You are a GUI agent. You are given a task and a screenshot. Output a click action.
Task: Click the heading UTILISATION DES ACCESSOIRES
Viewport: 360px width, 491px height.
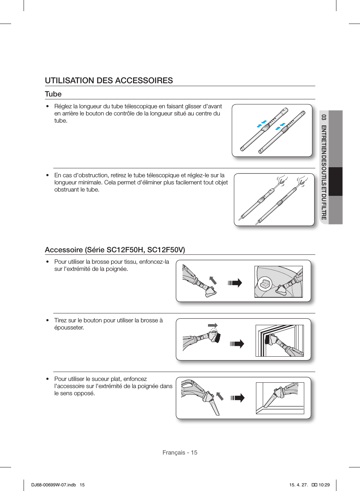(109, 80)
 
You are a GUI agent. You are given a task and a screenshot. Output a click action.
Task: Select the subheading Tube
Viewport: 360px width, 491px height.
(53, 94)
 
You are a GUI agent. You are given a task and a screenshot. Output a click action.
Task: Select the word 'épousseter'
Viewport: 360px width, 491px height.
(69, 327)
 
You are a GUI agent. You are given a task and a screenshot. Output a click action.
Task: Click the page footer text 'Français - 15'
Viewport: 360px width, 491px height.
(180, 452)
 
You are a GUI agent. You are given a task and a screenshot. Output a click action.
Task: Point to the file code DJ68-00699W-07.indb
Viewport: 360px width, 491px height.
(54, 485)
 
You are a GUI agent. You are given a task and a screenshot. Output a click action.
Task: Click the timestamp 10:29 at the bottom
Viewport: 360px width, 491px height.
(324, 485)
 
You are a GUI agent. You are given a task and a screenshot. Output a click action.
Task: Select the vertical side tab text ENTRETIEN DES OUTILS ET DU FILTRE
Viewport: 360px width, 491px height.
(324, 172)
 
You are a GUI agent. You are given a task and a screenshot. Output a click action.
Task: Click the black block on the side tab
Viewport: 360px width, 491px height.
(335, 182)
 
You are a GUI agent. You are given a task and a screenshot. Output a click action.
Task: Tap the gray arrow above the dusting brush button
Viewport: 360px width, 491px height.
(213, 325)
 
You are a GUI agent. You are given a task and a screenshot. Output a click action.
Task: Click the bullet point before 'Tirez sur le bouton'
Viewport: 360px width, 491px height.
(47, 321)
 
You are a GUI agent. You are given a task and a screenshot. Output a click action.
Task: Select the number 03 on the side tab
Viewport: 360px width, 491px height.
(324, 117)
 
